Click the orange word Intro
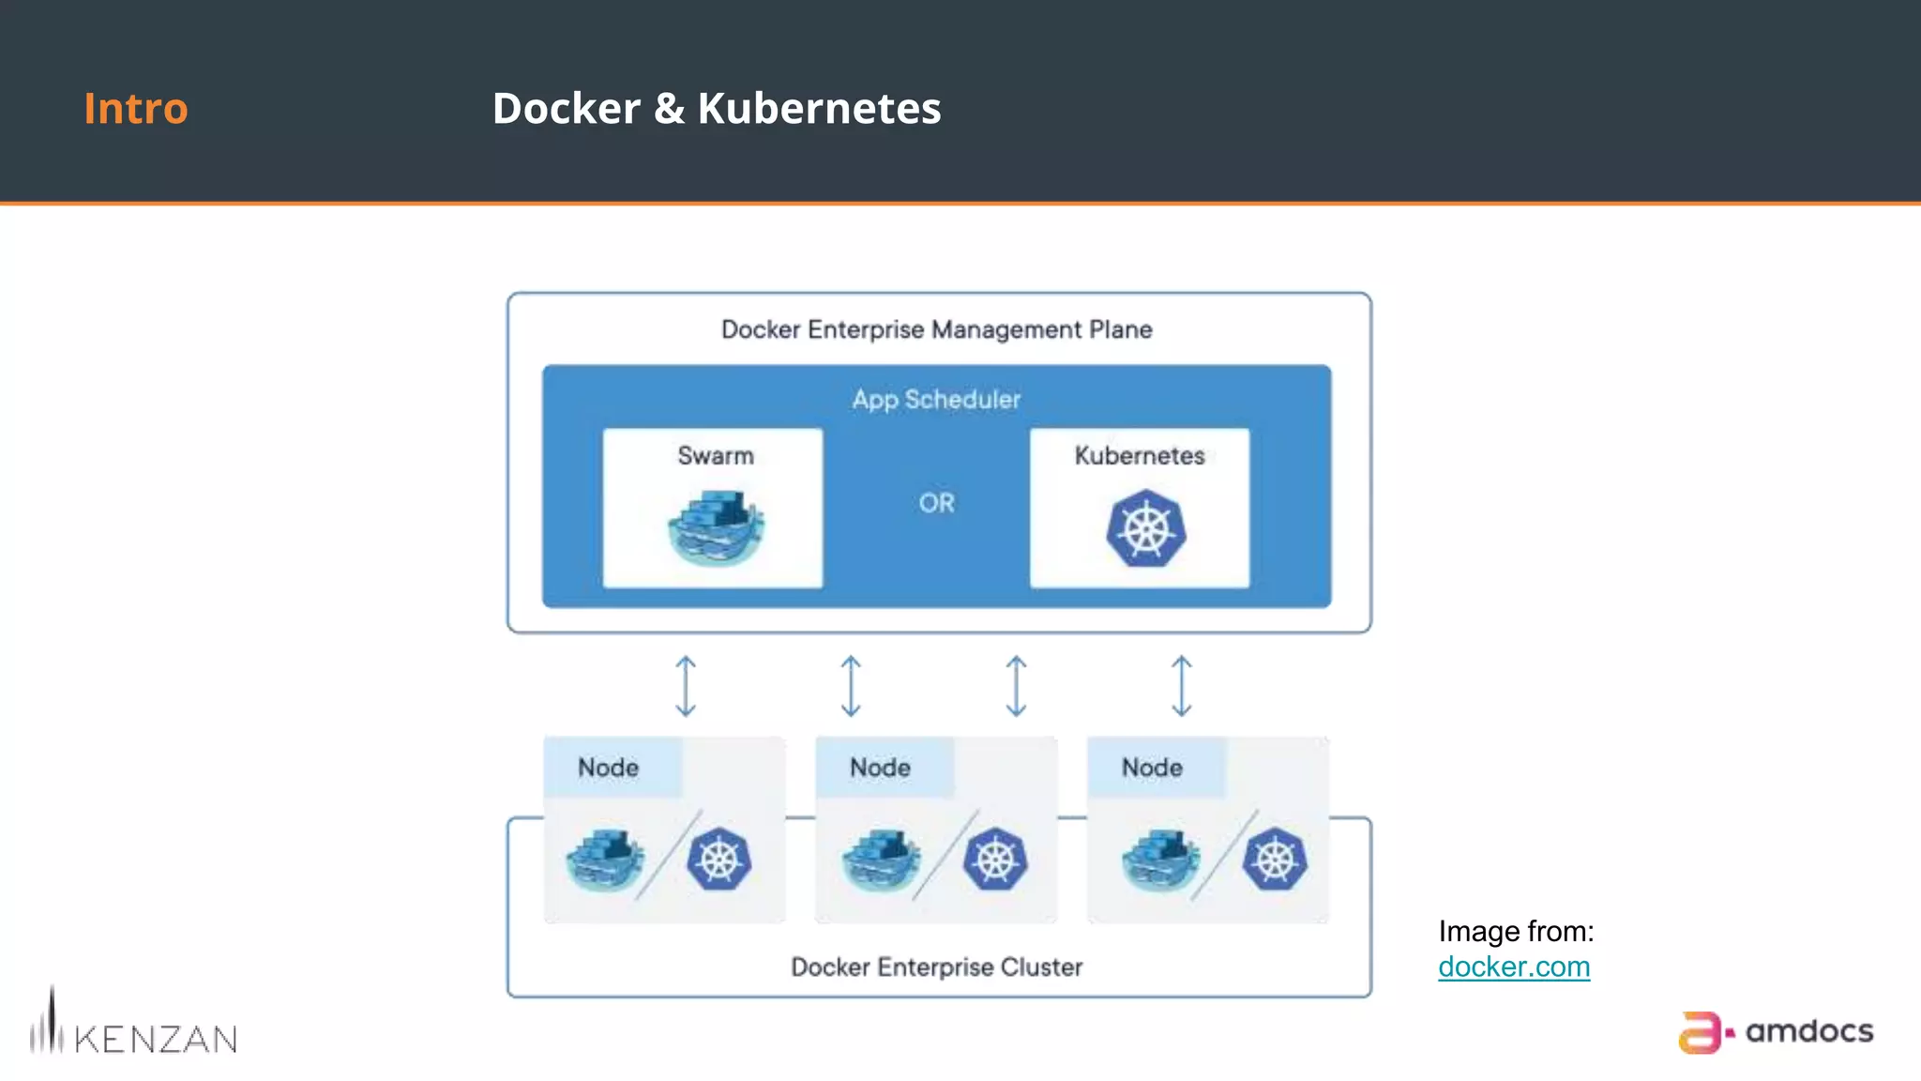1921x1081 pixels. pos(136,109)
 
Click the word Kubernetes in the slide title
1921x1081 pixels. pos(818,109)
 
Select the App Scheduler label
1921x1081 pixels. pos(936,400)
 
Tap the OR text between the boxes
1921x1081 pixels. pos(936,503)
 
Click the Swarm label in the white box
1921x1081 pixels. pos(716,456)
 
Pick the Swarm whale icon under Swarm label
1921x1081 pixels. pos(716,528)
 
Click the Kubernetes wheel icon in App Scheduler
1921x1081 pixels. pos(1145,528)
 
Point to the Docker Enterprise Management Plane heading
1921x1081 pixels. pos(936,330)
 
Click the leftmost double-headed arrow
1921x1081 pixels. pos(686,686)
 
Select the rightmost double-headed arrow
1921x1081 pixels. pos(1182,686)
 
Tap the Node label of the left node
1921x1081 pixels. pos(608,768)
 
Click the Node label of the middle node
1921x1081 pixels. pos(880,768)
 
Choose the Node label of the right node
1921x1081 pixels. pos(1152,768)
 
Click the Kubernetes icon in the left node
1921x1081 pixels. pos(718,860)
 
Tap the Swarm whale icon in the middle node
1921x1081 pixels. pos(880,860)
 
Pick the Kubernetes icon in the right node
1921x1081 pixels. pos(1275,860)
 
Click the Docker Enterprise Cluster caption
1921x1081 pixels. pos(936,967)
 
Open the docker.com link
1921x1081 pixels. pos(1513,967)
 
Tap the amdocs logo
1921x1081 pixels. pos(1776,1032)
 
